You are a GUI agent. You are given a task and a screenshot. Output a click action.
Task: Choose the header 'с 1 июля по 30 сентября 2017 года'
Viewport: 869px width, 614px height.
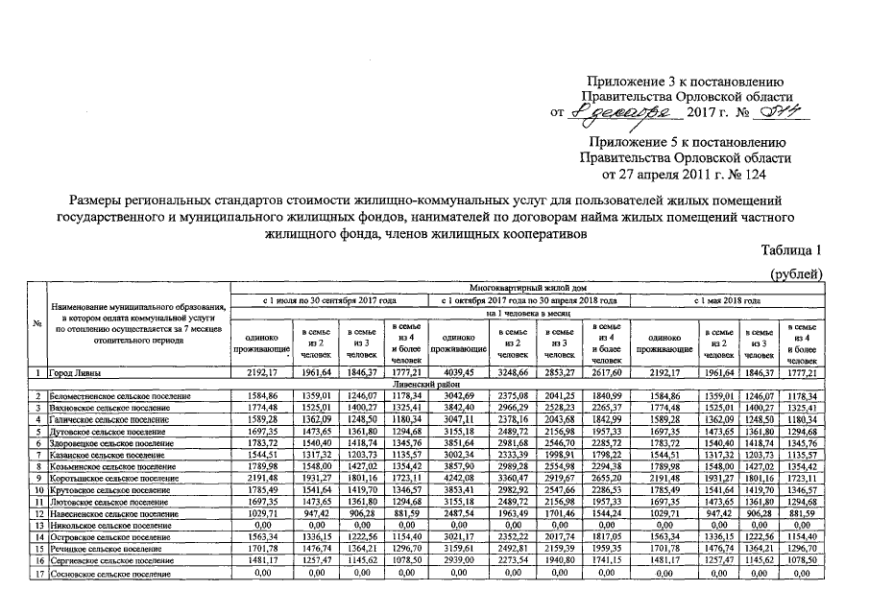tap(329, 300)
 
